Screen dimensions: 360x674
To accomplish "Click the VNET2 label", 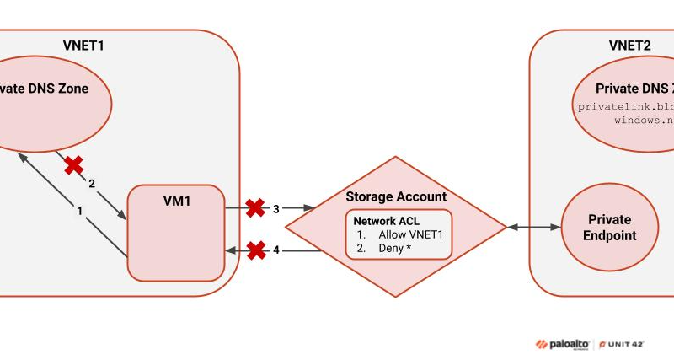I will [x=629, y=46].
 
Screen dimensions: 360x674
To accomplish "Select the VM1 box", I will [x=176, y=231].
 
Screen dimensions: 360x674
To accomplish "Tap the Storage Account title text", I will [x=396, y=196].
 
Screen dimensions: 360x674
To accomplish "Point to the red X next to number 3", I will [x=254, y=207].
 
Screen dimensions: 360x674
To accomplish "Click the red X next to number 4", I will [x=256, y=250].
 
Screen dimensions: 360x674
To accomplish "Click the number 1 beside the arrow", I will [x=80, y=211].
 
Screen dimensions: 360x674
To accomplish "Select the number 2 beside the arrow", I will [x=92, y=183].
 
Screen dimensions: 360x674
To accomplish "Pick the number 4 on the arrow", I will [x=275, y=250].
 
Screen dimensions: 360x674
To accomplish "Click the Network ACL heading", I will [x=386, y=219].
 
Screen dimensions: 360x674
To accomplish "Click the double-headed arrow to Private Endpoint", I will [x=533, y=227].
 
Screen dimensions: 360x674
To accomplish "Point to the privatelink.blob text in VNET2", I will [x=626, y=107].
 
